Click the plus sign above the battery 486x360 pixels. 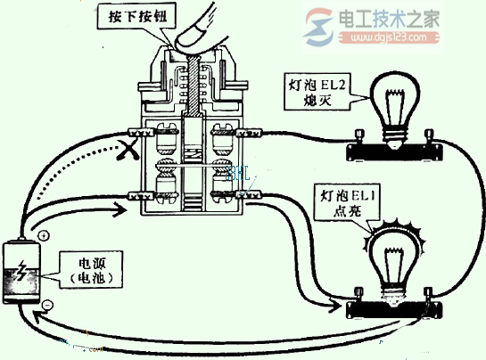[x=43, y=237]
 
